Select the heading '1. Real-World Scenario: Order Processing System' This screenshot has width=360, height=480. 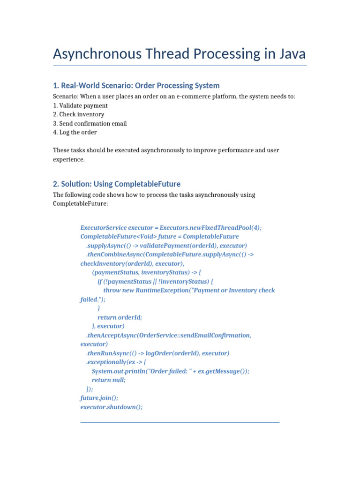click(136, 85)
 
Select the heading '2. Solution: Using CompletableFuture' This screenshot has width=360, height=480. click(117, 184)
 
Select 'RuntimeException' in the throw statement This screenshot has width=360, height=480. click(162, 290)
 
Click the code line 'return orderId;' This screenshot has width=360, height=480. click(120, 317)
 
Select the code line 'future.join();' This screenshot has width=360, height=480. click(99, 397)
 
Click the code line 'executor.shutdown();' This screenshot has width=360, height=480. click(112, 407)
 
